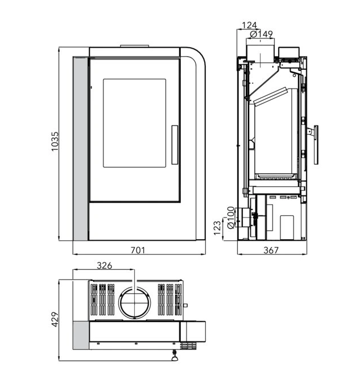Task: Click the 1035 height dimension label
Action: [55, 141]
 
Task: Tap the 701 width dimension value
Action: [138, 250]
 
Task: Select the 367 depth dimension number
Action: [271, 250]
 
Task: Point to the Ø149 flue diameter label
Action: [262, 34]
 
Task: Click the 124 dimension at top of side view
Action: [250, 25]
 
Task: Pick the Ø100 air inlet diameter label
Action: [231, 218]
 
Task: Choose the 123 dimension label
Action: [218, 228]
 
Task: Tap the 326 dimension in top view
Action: [105, 265]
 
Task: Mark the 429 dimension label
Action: [55, 319]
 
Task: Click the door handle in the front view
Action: [175, 145]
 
